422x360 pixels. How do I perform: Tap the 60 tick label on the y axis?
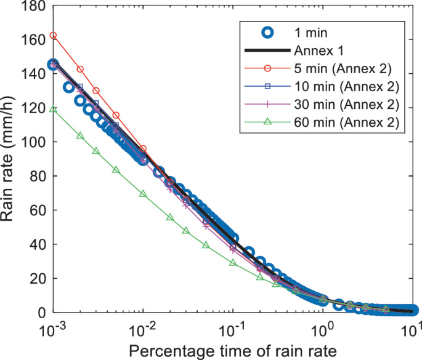pyautogui.click(x=36, y=210)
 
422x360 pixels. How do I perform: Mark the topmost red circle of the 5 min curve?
pyautogui.click(x=54, y=35)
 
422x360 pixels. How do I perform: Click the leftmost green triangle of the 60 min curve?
pyautogui.click(x=54, y=109)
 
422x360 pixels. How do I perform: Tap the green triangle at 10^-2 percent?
pyautogui.click(x=143, y=194)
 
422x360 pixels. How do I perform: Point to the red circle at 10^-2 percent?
pyautogui.click(x=143, y=149)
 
